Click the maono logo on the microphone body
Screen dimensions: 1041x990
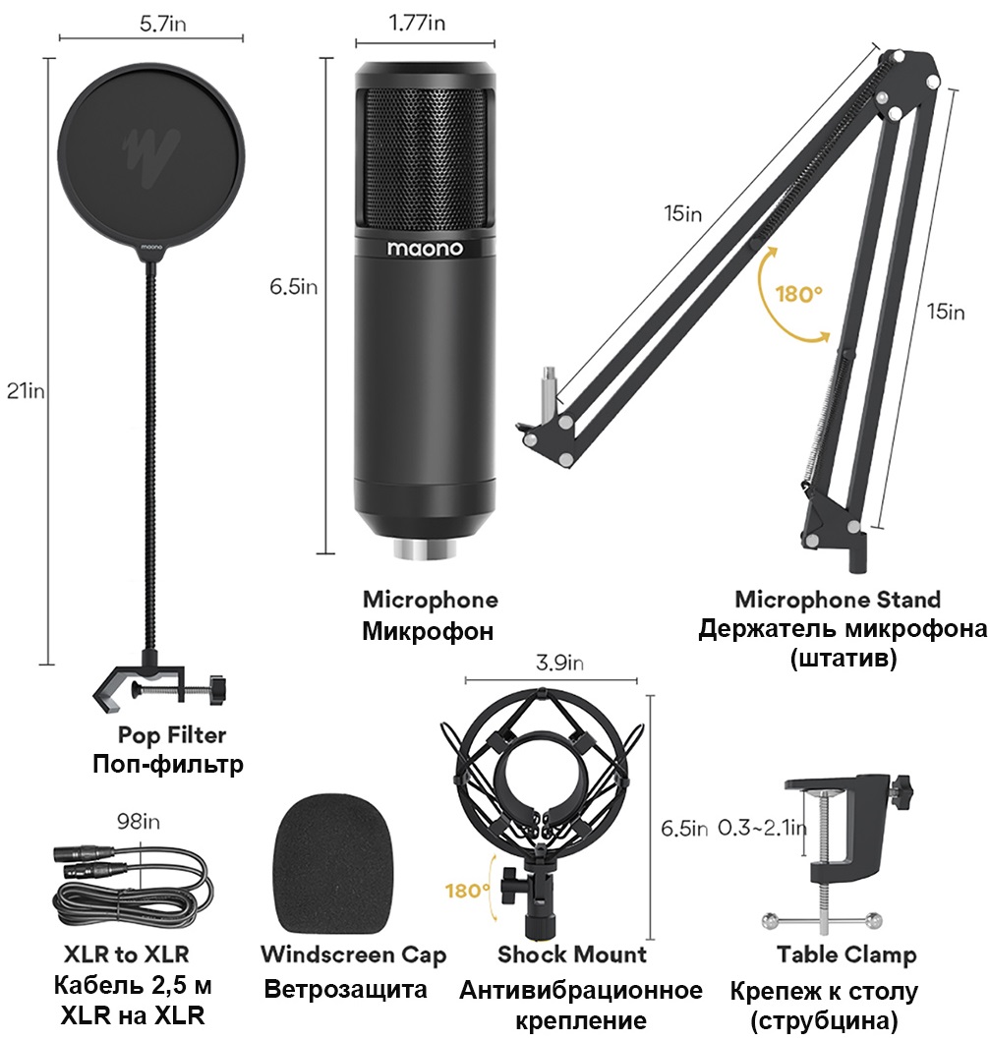425,250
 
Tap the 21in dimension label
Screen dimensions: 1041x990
26,391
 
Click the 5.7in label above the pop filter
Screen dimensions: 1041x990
150,25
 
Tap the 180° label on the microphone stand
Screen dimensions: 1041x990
796,294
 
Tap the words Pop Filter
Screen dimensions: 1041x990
172,734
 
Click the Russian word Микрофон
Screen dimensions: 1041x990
428,630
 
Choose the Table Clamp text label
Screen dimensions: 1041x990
845,954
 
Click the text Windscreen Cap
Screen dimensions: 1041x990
353,954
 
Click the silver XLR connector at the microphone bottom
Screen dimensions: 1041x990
425,547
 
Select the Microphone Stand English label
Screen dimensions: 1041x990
838,599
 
